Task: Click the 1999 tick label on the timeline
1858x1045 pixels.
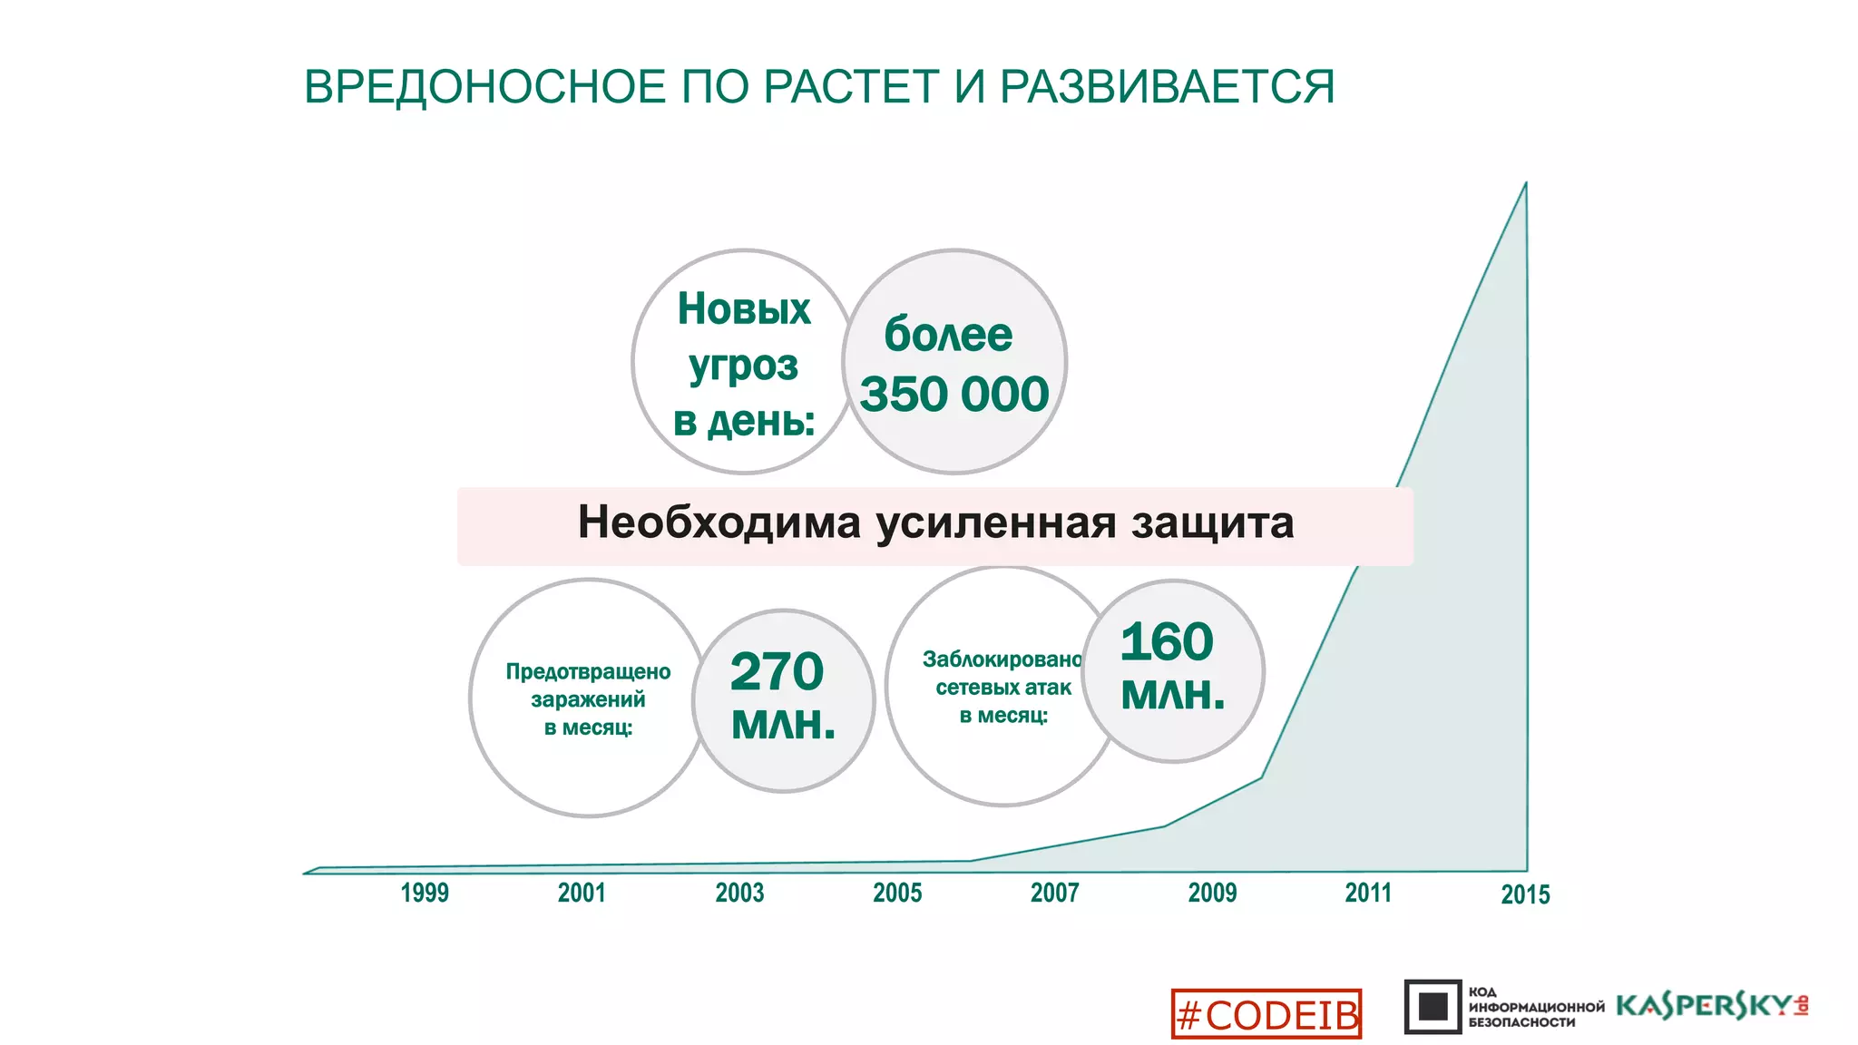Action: pyautogui.click(x=425, y=893)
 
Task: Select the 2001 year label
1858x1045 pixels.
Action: pyautogui.click(x=582, y=893)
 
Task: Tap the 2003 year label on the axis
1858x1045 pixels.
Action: pyautogui.click(x=739, y=893)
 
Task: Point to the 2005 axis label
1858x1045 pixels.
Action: pyautogui.click(x=897, y=893)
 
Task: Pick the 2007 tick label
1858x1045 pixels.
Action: pyautogui.click(x=1054, y=893)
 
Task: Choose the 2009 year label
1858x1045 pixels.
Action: pyautogui.click(x=1212, y=893)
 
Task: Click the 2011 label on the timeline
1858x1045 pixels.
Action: pyautogui.click(x=1368, y=893)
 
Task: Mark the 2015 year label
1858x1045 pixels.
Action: pyautogui.click(x=1525, y=894)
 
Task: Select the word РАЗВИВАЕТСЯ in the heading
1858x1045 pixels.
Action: pyautogui.click(x=1167, y=87)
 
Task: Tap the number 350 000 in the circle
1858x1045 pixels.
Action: pyautogui.click(x=953, y=394)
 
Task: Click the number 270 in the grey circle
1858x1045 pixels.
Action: pyautogui.click(x=777, y=671)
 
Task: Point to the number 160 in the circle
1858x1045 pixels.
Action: pyautogui.click(x=1167, y=641)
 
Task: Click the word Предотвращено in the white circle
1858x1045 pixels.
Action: pyautogui.click(x=588, y=671)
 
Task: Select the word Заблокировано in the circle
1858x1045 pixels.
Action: pyautogui.click(x=1002, y=659)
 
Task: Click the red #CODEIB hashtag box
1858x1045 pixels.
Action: pyautogui.click(x=1266, y=1014)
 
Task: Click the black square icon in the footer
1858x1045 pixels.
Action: pyautogui.click(x=1433, y=1006)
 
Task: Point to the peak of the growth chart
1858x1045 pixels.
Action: pyautogui.click(x=1525, y=184)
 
